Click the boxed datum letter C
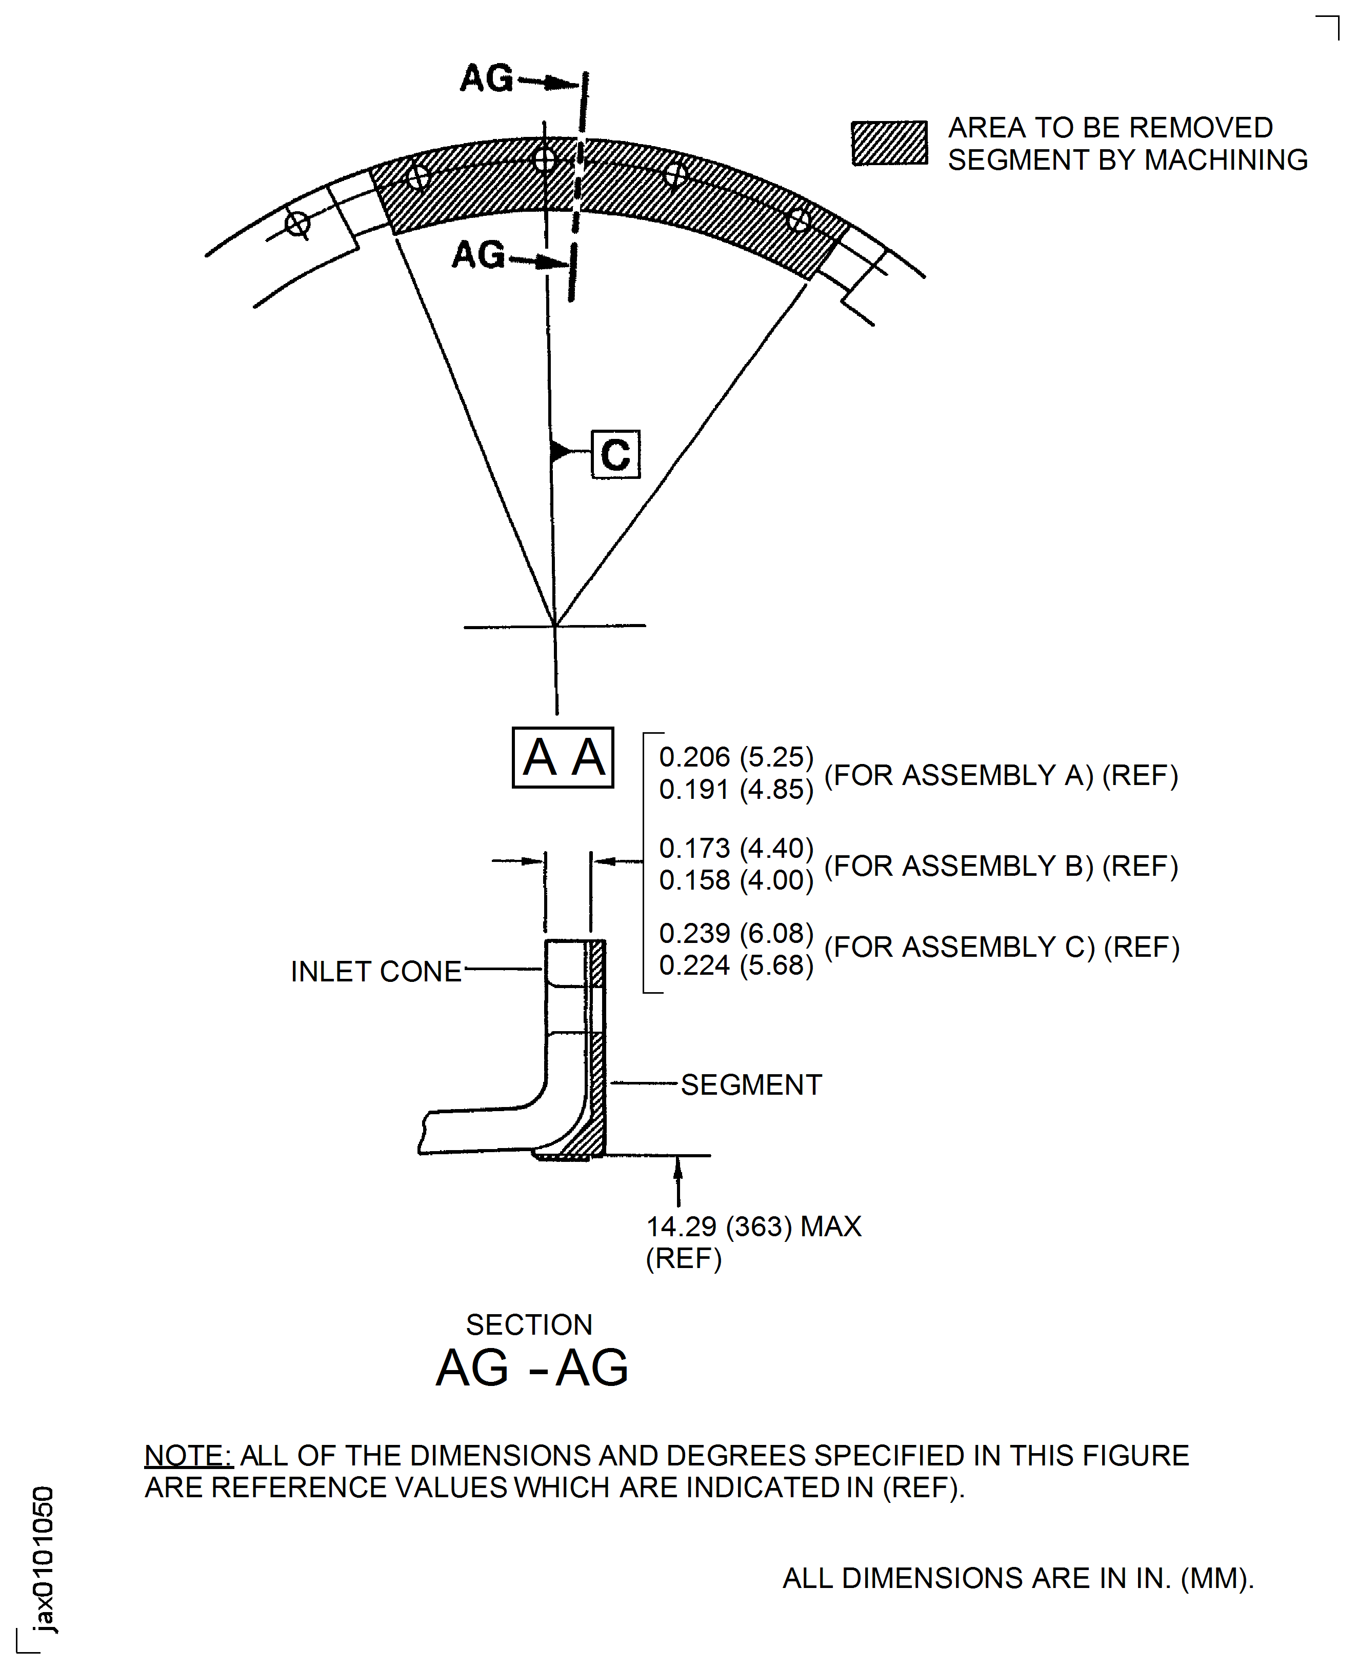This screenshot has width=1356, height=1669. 615,454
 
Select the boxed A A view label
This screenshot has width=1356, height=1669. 563,757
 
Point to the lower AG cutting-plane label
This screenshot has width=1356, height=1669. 478,255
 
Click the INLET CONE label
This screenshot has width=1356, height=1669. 376,972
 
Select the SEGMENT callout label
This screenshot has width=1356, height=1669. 751,1085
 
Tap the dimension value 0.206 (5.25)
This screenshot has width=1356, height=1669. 736,757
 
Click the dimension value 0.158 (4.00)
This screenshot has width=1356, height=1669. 736,880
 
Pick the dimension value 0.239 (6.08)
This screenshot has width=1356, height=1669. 736,933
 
